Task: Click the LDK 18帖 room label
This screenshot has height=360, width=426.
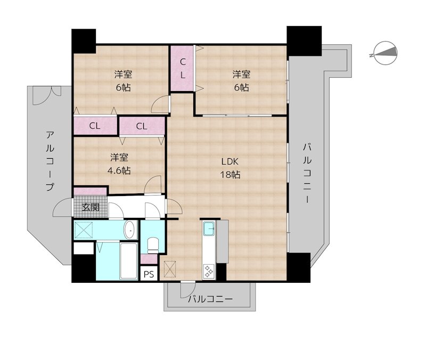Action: [x=231, y=168]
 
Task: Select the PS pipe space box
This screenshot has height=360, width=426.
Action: [x=148, y=274]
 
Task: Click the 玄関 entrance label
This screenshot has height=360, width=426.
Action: [x=90, y=207]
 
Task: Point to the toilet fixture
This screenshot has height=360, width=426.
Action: [x=153, y=246]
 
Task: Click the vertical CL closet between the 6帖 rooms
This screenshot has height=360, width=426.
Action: [x=182, y=68]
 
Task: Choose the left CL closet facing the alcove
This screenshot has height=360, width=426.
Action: [x=95, y=126]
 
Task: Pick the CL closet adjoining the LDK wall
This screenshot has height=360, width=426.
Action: [x=141, y=126]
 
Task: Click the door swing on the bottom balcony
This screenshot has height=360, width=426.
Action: [x=186, y=290]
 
